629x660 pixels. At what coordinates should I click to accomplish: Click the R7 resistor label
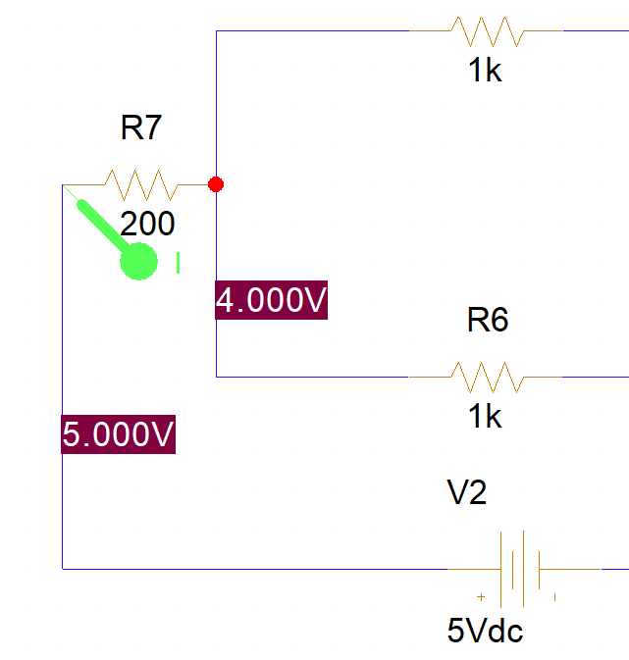140,128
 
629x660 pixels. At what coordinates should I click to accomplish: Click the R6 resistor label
488,320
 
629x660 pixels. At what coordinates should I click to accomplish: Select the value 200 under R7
147,224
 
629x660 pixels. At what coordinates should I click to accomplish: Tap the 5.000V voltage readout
118,434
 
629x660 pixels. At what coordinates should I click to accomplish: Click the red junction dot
216,183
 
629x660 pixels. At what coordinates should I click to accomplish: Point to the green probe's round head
139,261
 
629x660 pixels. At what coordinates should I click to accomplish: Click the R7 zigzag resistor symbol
139,183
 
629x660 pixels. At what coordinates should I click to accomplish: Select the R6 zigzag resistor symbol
487,376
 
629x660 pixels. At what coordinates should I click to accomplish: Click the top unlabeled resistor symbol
487,31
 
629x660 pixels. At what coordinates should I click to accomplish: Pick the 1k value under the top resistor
485,71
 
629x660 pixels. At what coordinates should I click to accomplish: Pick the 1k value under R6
485,416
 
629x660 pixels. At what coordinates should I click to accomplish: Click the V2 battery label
467,493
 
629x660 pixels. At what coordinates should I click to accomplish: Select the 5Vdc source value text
485,631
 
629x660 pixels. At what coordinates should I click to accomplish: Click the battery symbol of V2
518,568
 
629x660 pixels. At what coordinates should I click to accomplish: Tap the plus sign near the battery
481,596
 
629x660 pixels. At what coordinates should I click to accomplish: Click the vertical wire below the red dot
216,245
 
